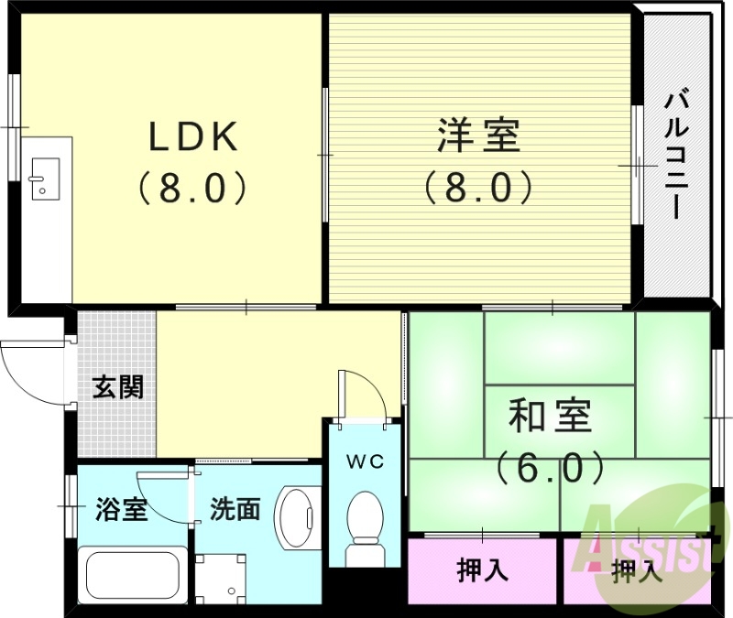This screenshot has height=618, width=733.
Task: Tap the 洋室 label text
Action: tap(477, 137)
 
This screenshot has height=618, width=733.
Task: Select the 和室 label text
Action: tap(550, 417)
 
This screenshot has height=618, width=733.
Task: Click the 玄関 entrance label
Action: tap(117, 387)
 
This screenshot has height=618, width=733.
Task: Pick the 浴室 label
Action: tap(121, 509)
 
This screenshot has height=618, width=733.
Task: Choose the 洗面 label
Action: tap(235, 509)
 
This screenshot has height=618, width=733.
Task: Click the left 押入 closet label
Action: tap(483, 571)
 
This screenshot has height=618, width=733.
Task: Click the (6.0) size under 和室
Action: tap(550, 468)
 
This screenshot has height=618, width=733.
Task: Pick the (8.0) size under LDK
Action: tap(193, 188)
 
